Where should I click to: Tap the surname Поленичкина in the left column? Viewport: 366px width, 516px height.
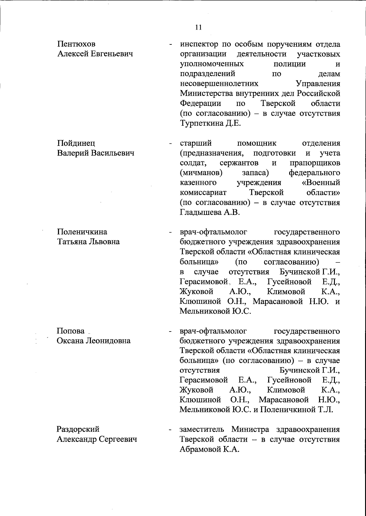coord(82,232)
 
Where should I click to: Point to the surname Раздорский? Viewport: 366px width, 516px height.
coord(78,429)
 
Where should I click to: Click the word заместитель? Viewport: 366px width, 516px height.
coord(203,430)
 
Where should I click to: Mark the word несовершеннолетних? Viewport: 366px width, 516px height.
coord(219,84)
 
